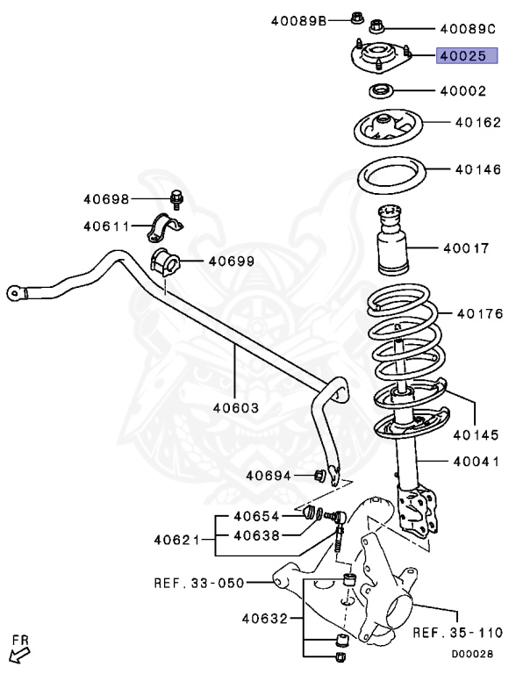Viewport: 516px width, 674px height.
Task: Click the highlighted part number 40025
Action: click(x=462, y=56)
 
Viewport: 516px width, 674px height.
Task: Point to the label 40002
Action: click(x=462, y=90)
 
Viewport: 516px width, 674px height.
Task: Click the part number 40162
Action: click(x=478, y=125)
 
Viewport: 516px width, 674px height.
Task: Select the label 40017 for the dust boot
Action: click(x=466, y=248)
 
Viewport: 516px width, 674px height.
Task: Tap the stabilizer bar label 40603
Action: click(x=235, y=408)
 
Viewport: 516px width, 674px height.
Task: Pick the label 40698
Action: click(x=107, y=199)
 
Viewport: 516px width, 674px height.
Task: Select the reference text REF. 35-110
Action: click(x=457, y=632)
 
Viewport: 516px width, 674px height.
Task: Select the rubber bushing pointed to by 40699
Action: click(x=164, y=261)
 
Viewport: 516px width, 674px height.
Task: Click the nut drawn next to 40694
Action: click(x=320, y=476)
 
